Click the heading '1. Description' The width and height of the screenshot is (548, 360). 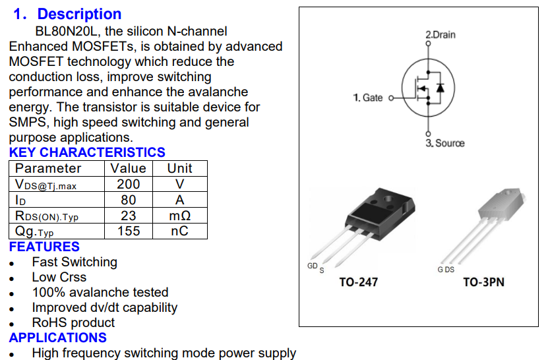68,14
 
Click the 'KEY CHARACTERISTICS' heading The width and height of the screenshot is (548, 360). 87,153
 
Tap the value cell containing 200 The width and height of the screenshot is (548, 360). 129,184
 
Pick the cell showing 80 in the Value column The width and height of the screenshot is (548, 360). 129,200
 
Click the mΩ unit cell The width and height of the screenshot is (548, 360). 180,216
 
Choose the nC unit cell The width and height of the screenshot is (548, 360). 180,231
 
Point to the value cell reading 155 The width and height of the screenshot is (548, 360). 129,231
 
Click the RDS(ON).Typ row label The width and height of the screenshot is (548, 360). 47,216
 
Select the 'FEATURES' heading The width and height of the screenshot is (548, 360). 44,247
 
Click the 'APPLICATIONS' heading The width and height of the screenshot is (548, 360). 58,338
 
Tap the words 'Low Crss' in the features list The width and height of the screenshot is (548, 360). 59,277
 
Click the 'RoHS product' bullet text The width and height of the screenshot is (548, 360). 73,322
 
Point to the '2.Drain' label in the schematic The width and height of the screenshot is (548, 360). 440,34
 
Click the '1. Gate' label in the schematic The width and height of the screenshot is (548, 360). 368,98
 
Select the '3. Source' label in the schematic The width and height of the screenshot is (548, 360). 444,143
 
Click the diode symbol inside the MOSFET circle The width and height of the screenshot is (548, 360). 441,87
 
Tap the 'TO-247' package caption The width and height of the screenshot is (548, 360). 358,282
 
